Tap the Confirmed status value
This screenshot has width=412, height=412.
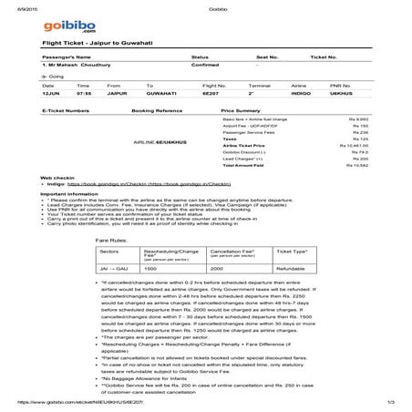[x=204, y=67]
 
